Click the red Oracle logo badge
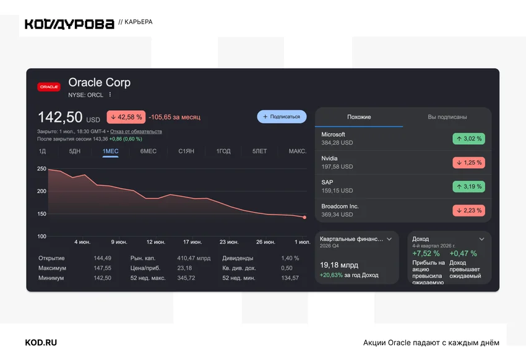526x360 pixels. point(49,87)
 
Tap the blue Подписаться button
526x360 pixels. point(282,117)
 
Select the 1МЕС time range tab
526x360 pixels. point(110,151)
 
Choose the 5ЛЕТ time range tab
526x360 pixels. point(260,151)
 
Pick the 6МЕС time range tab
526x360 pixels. point(149,151)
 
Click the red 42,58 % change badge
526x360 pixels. point(126,117)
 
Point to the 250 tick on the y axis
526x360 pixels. point(41,169)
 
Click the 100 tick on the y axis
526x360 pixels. point(41,236)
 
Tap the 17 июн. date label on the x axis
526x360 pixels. point(192,242)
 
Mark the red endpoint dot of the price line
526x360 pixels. point(304,218)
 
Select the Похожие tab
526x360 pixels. point(359,117)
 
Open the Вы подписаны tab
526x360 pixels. point(447,117)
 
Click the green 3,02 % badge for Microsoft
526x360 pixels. point(468,139)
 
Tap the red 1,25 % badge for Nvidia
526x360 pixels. point(468,163)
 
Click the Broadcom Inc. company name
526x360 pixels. point(340,206)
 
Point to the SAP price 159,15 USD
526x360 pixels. point(337,191)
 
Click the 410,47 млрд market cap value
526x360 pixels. point(194,258)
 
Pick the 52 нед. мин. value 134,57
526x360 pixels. point(290,278)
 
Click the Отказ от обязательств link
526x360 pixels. point(136,131)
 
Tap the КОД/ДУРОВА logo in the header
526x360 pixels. point(69,24)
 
